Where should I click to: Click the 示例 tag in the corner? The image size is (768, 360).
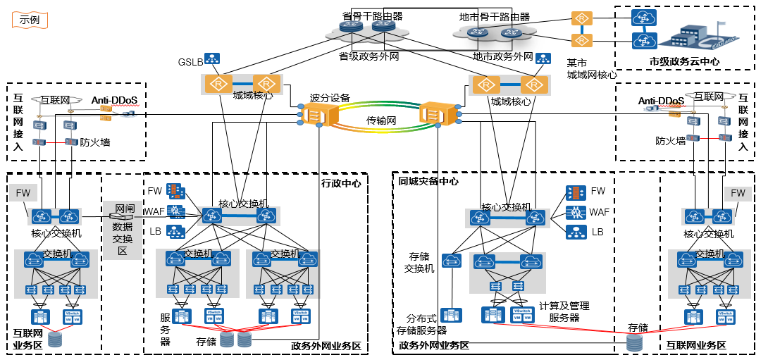30,20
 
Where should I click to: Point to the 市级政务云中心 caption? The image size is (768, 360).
684,62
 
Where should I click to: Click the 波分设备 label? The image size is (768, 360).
330,98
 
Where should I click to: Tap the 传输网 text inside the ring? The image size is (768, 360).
381,120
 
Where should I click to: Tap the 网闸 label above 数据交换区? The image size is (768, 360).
124,209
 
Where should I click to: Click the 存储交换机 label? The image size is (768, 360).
419,262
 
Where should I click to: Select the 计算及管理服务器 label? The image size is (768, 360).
564,311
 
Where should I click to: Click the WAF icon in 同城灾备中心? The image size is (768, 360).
576,211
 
